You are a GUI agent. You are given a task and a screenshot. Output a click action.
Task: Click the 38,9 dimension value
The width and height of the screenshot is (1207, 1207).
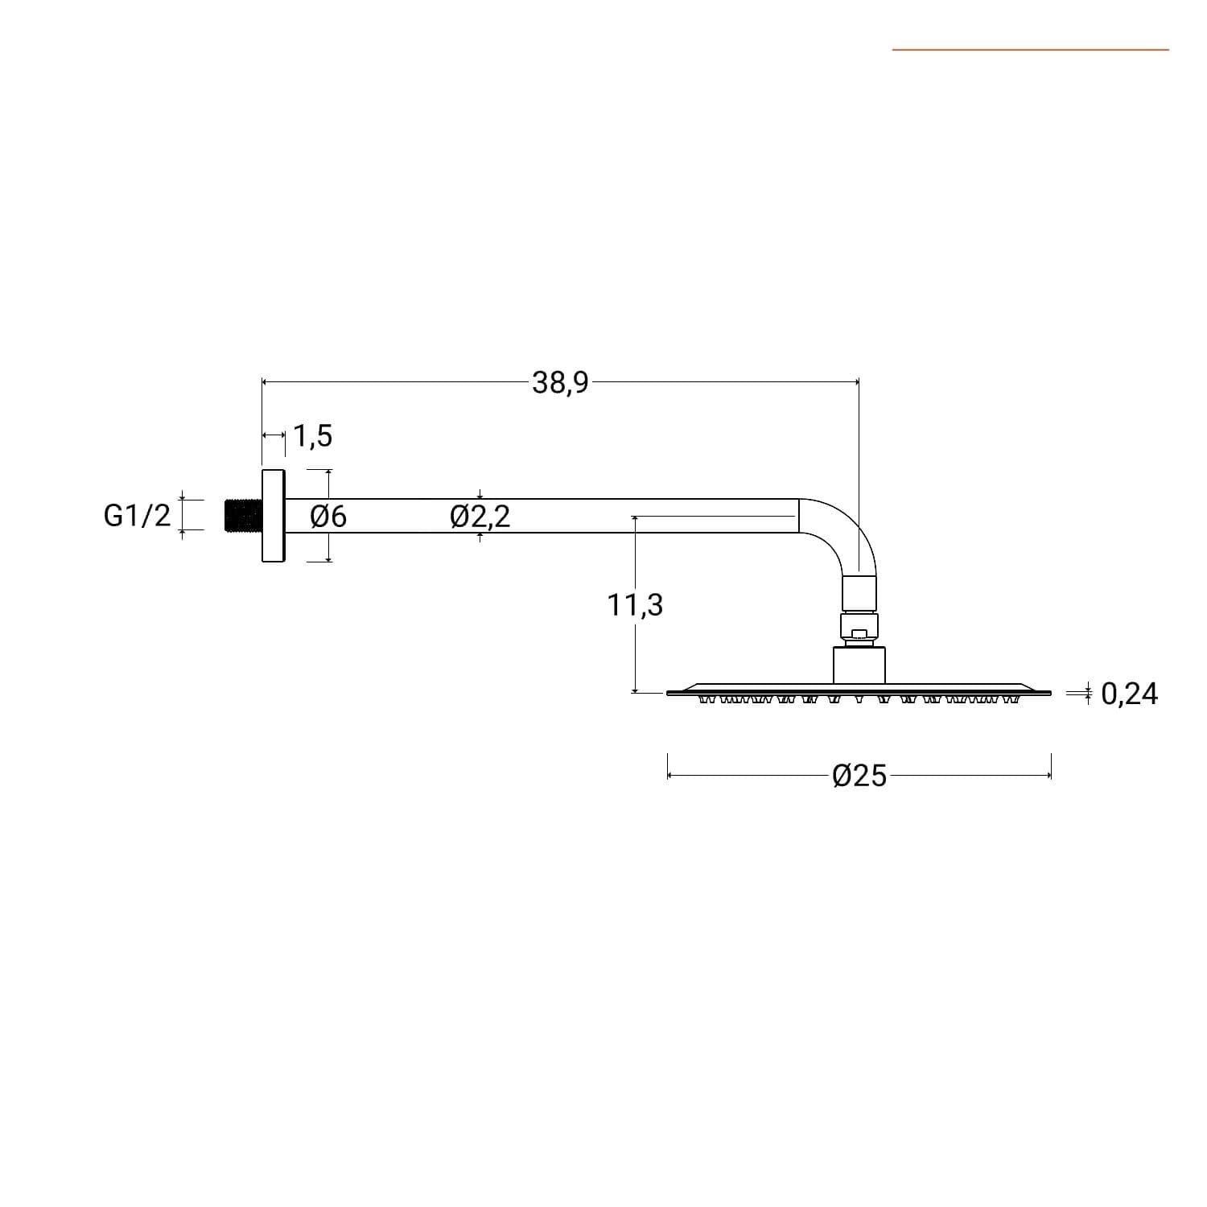[x=560, y=382]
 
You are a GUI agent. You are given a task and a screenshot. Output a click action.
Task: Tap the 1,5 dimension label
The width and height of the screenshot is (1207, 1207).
[x=312, y=435]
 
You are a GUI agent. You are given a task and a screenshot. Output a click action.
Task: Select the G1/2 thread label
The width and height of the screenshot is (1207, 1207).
[x=138, y=515]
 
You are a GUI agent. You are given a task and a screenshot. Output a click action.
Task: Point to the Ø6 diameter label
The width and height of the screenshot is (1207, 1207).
[x=328, y=516]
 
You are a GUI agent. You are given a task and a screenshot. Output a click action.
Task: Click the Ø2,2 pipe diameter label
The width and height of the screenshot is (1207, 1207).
[x=480, y=516]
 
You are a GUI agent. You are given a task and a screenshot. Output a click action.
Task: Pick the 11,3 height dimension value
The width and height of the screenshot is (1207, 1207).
[x=635, y=603]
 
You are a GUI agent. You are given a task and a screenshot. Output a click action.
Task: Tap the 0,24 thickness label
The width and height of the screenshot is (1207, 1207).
[x=1129, y=693]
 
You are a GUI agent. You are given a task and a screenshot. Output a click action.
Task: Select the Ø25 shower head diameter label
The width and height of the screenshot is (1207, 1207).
[x=859, y=776]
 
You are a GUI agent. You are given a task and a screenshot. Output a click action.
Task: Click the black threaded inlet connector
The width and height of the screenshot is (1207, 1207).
[x=243, y=516]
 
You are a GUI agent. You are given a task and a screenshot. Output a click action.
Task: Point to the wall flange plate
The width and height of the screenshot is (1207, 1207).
[x=274, y=515]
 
